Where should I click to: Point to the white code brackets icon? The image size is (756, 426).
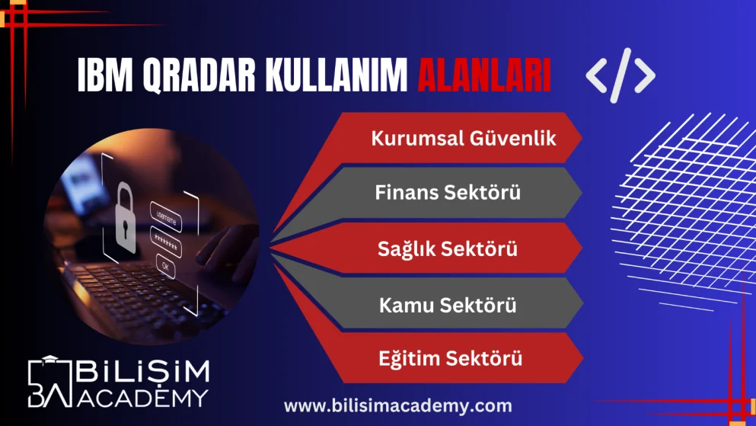[x=620, y=75]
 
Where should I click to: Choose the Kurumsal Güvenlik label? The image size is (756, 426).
[x=464, y=139]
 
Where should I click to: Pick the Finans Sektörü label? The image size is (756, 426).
[x=448, y=193]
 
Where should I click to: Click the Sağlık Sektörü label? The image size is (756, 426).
[x=448, y=248]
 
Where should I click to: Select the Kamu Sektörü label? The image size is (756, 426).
[x=448, y=305]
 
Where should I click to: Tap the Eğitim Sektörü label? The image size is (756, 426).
[x=451, y=358]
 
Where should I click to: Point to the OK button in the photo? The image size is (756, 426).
[x=164, y=264]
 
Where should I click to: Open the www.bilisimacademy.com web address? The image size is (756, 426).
[x=398, y=405]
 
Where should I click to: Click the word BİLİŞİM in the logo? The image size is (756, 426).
[x=142, y=372]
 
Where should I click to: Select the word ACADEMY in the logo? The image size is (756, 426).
[x=142, y=397]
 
